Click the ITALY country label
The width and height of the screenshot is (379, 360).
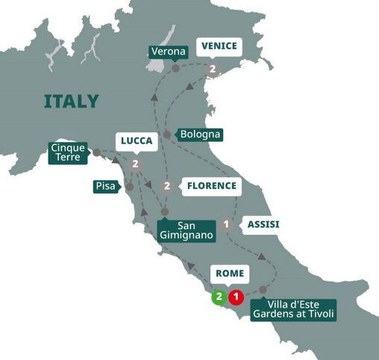[72, 101]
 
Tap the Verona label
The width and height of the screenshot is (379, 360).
[167, 52]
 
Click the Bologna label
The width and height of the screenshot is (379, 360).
[201, 135]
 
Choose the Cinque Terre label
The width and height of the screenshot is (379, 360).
[67, 152]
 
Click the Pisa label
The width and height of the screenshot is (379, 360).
[105, 186]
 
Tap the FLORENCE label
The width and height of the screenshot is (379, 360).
[212, 185]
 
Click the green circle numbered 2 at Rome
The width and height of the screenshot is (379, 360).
[219, 297]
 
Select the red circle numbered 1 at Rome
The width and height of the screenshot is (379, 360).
[236, 297]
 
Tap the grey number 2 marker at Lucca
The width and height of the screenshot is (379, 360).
[135, 164]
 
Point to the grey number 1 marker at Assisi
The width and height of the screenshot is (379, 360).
[226, 223]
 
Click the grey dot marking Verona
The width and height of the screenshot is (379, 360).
[176, 68]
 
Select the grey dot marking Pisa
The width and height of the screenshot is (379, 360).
[129, 186]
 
